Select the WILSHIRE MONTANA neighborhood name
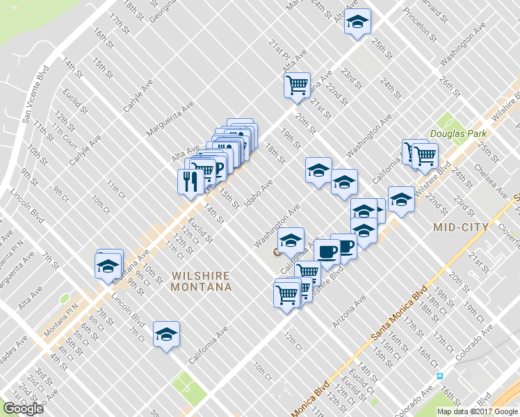(x=201, y=281)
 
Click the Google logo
(x=23, y=409)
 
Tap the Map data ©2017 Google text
(x=477, y=411)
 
